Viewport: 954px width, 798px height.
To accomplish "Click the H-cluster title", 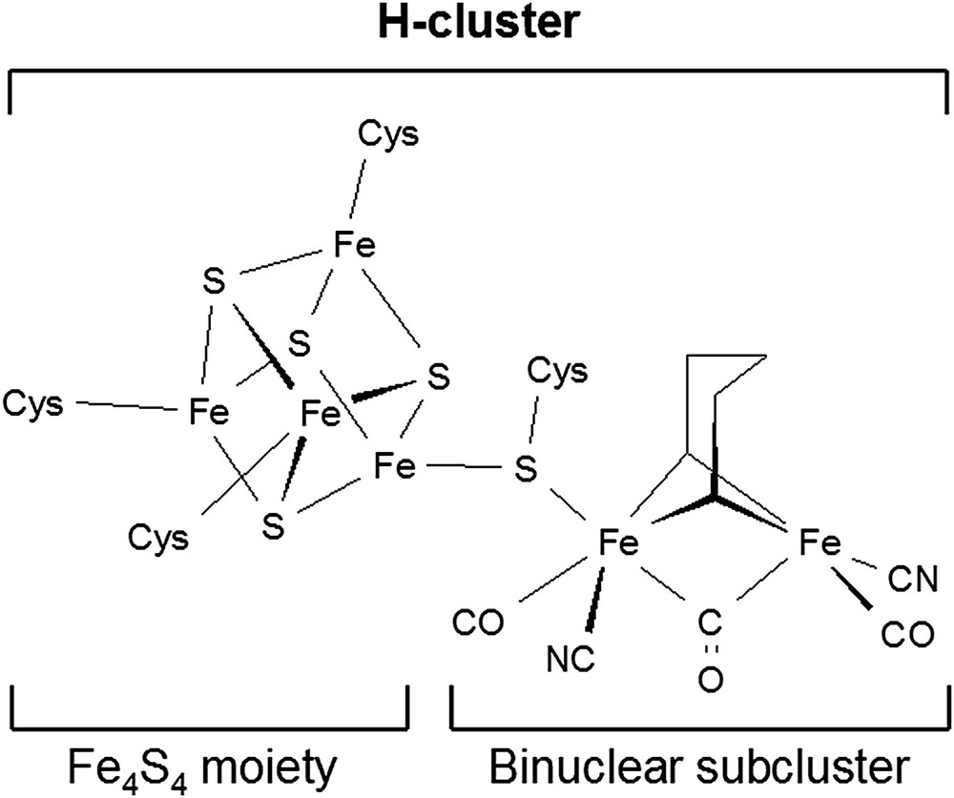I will tap(477, 24).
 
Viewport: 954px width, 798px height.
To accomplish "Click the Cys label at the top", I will tap(387, 136).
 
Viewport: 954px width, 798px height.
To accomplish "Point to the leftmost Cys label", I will tap(33, 405).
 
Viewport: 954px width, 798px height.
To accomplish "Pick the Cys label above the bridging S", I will tap(557, 372).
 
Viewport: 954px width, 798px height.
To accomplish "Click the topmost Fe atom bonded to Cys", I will tap(353, 246).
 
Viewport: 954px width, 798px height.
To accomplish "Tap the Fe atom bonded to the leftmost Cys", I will tap(209, 413).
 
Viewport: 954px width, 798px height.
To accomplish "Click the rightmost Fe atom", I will tap(819, 544).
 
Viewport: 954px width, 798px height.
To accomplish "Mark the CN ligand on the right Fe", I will tap(916, 577).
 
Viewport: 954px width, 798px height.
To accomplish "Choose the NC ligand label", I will tap(570, 657).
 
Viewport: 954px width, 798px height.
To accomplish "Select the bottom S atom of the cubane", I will tap(275, 524).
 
